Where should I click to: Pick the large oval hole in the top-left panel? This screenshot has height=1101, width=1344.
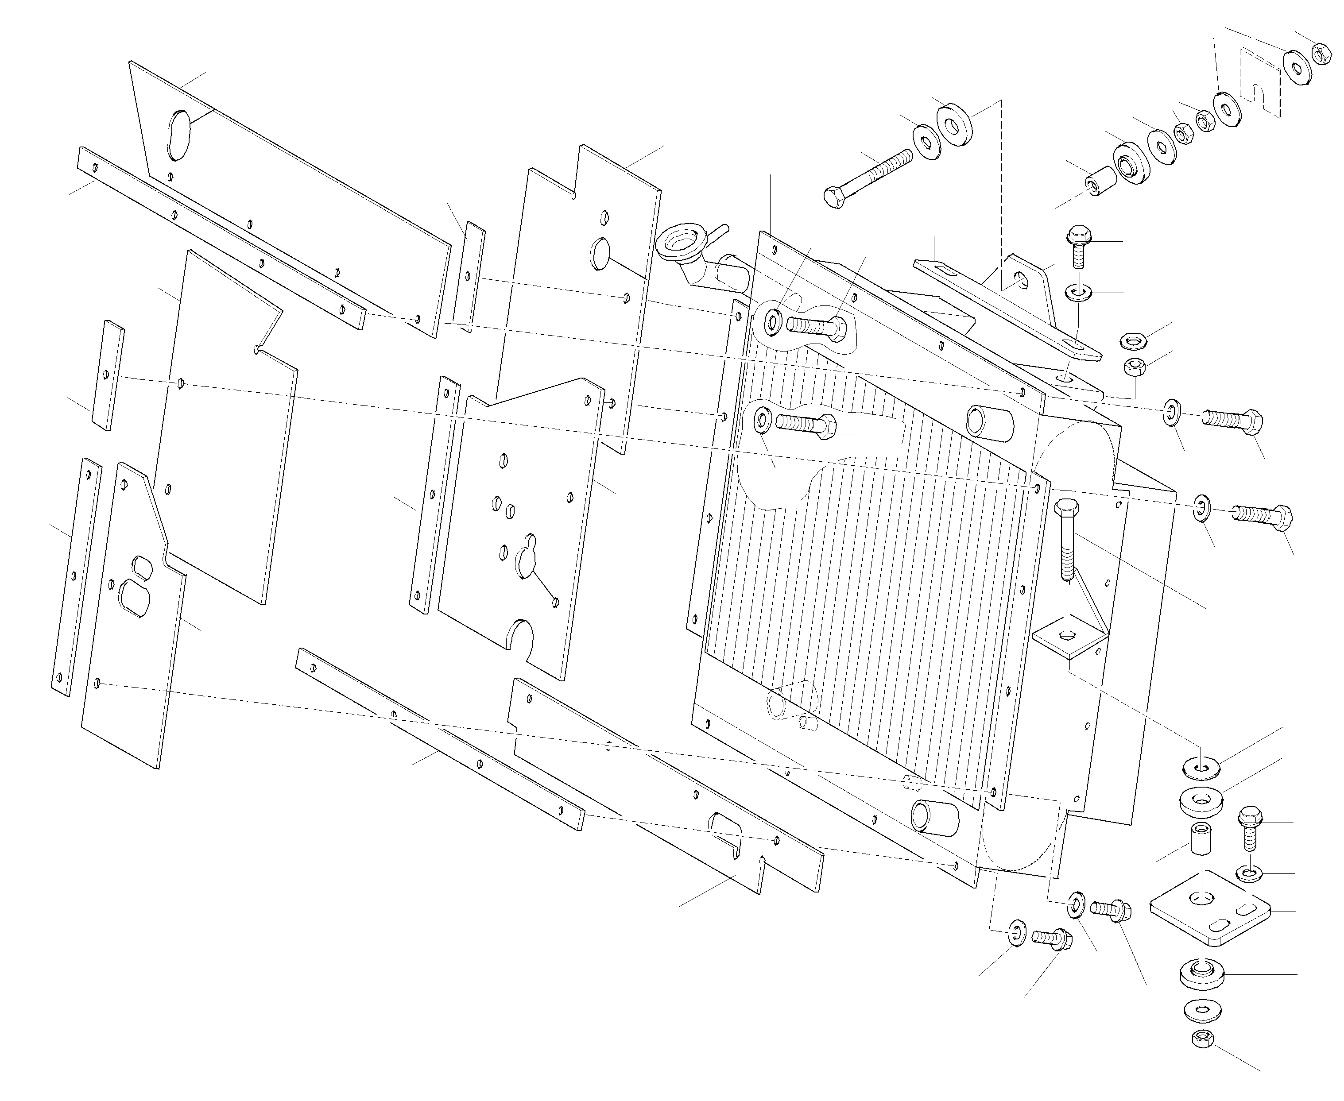[179, 135]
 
